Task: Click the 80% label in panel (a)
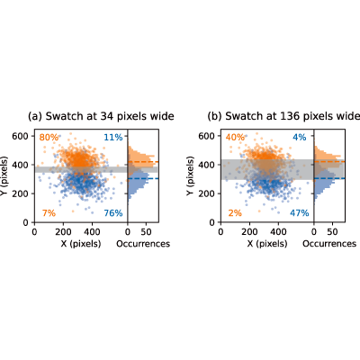49,138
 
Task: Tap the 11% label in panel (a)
113,138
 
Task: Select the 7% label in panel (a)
49,213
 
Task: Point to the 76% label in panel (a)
113,213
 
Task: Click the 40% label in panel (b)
235,138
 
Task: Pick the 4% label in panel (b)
300,138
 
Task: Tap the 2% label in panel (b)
235,213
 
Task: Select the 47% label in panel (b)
300,213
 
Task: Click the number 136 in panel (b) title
289,116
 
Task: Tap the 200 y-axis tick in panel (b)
207,193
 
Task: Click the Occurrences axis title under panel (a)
143,244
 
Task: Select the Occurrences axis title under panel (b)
329,244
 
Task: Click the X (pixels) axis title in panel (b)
267,244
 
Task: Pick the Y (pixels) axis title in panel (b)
190,176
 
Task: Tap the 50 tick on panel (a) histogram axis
147,232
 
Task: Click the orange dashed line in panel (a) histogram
143,162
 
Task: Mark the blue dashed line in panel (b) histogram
329,178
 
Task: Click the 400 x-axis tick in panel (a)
92,232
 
